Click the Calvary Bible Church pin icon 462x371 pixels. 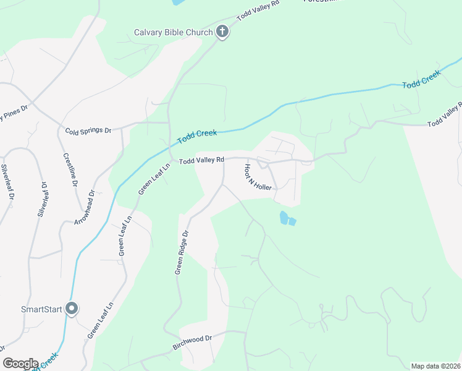tap(222, 32)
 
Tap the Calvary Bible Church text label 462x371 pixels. tap(174, 32)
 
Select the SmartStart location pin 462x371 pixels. tap(72, 309)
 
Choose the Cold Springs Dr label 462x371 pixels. tap(88, 130)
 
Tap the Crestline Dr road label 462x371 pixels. tap(70, 170)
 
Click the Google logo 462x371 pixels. tap(20, 364)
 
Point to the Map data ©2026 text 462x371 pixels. tap(435, 366)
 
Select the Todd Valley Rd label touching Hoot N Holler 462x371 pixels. tap(201, 160)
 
